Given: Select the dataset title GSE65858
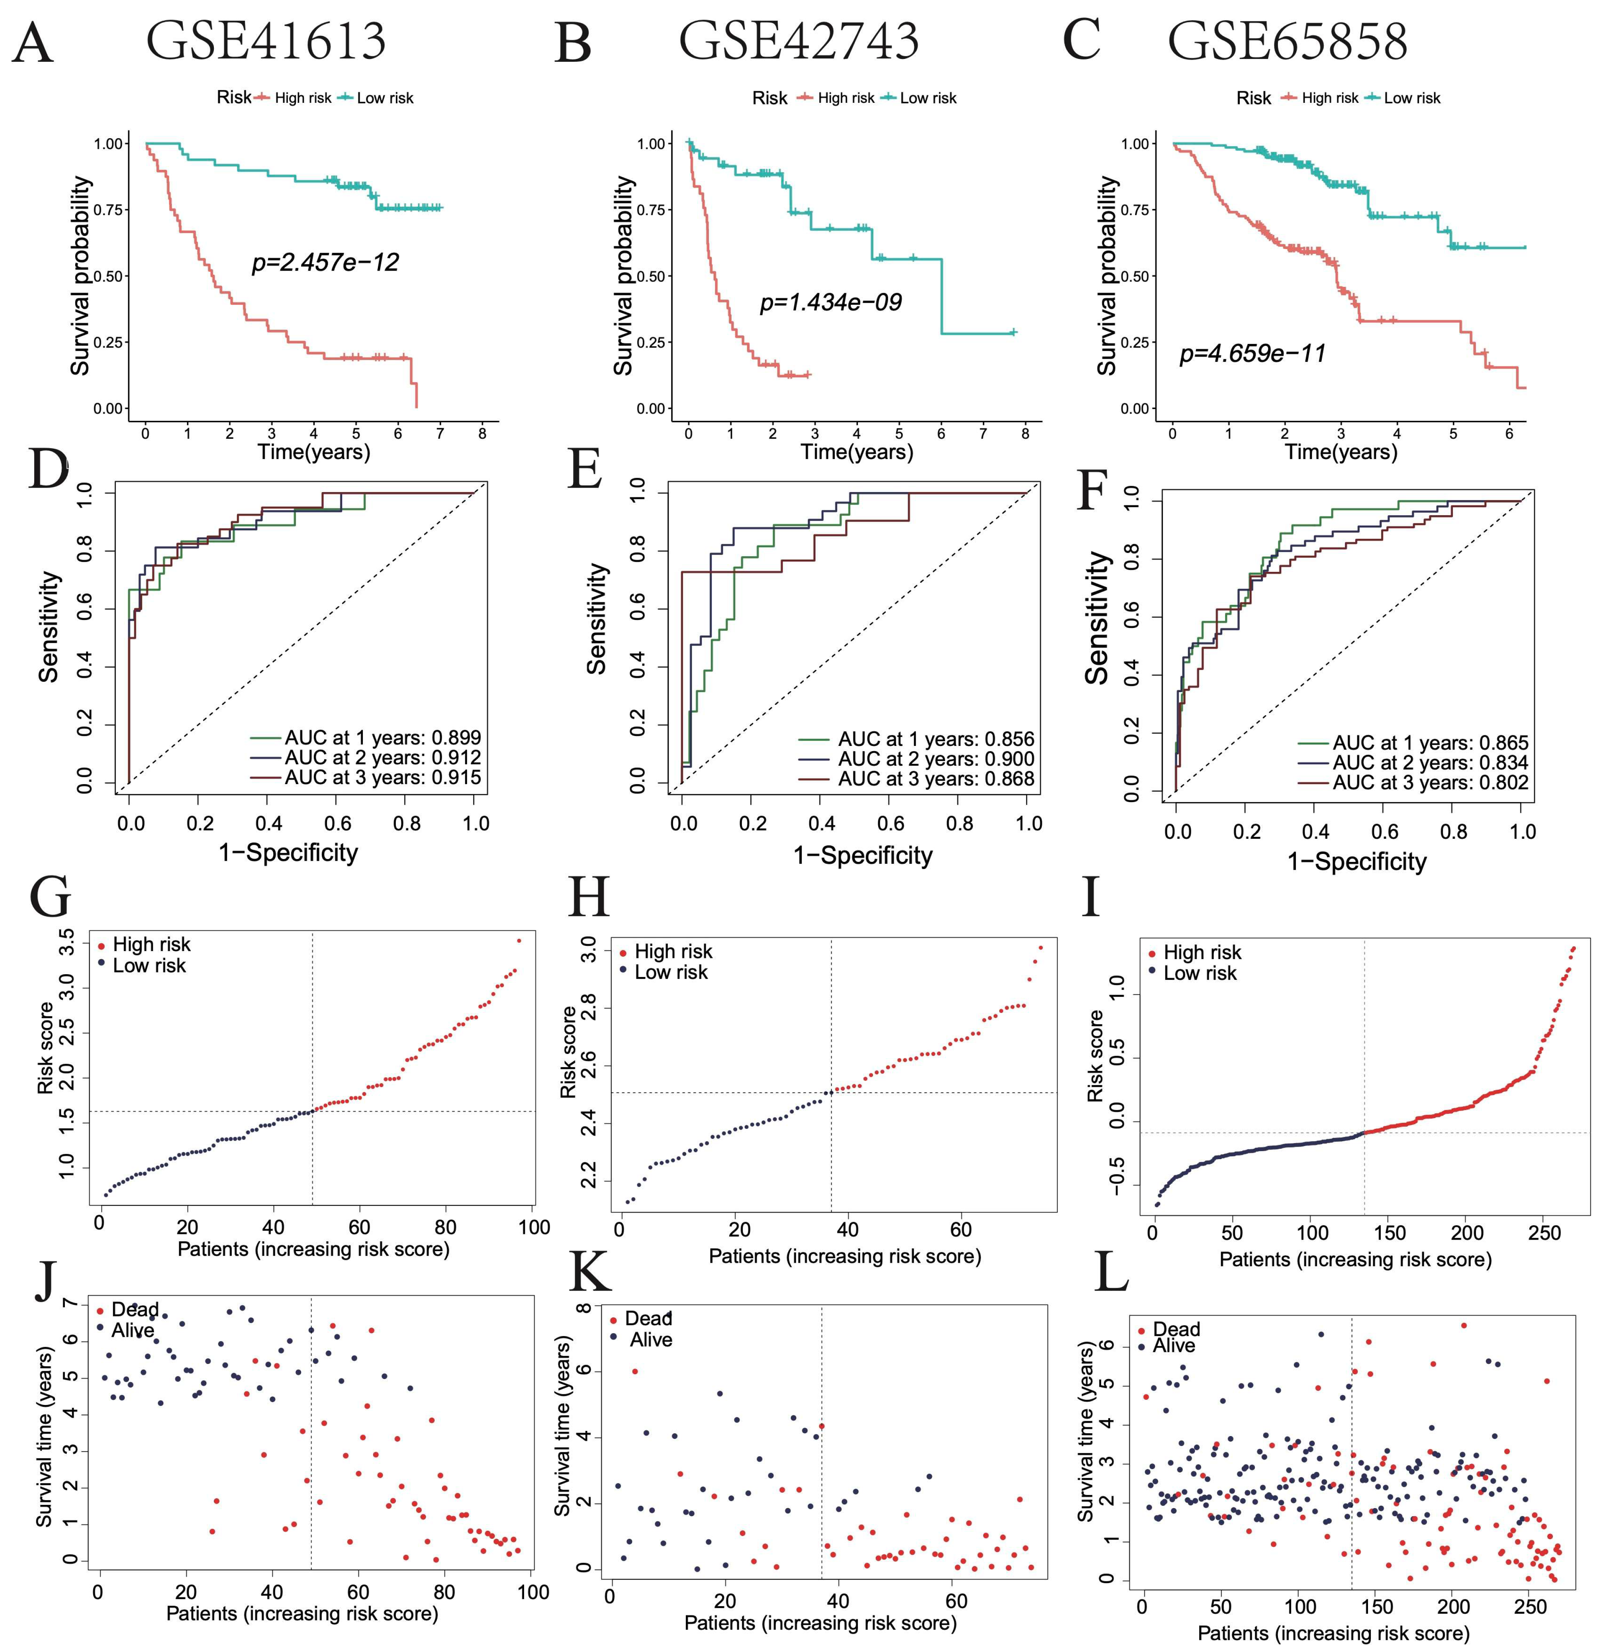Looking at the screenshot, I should click(1287, 41).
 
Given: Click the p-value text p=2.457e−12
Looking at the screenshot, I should click(325, 262).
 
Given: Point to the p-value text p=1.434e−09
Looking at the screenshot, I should click(831, 302).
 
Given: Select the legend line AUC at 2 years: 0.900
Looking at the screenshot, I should click(936, 759).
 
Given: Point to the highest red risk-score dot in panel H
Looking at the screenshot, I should click(1041, 948).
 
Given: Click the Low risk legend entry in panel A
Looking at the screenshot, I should click(384, 98).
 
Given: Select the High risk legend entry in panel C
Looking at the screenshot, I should click(1329, 98).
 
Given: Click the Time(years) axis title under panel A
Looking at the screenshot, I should click(313, 452).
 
